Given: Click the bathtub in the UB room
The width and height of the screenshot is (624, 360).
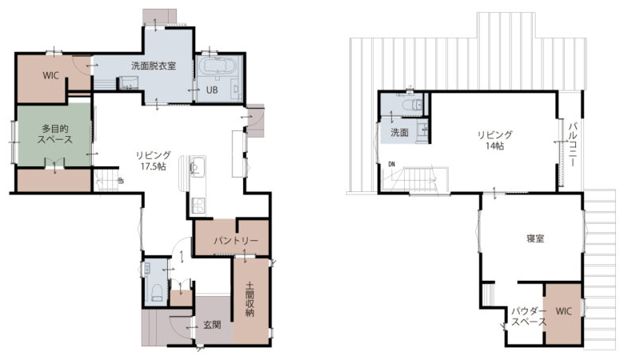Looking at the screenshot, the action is tap(215, 66).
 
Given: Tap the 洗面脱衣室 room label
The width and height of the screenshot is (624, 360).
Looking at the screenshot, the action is tap(154, 66).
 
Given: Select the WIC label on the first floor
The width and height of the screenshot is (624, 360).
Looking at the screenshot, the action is tap(50, 75).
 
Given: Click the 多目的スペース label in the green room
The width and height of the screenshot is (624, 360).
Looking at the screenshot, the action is tap(55, 134).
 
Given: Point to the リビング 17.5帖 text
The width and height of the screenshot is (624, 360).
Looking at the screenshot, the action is tap(154, 161).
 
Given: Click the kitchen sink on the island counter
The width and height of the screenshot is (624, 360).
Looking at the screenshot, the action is tap(197, 166).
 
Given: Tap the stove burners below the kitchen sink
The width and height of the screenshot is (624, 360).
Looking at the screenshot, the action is tap(198, 206).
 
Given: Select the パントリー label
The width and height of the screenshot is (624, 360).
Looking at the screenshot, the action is tap(236, 241).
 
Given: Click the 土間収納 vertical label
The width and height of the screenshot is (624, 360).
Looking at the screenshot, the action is tap(250, 299).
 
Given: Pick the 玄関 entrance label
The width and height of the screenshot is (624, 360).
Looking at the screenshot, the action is tap(212, 325).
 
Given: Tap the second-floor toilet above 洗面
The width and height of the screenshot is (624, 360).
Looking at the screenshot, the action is tap(412, 105).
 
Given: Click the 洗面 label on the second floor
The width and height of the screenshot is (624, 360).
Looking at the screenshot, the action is tap(399, 133).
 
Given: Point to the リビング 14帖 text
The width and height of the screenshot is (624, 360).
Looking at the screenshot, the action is tap(494, 141).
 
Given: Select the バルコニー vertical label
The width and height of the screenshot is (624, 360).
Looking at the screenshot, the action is tap(573, 144).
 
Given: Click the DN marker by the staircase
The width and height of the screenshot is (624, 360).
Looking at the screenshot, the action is tap(392, 164).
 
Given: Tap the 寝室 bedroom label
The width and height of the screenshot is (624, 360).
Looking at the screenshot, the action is tap(535, 238).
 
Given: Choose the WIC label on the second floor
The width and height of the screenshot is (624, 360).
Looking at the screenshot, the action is tap(563, 311).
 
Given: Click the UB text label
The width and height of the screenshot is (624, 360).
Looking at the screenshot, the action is tap(212, 90).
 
